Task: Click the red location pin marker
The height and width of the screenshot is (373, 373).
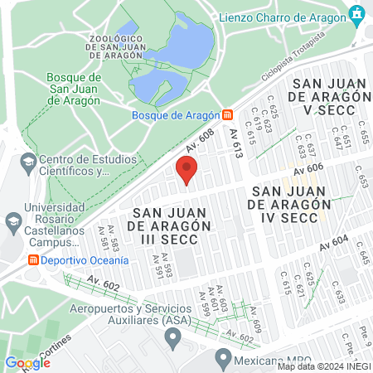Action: click(x=187, y=171)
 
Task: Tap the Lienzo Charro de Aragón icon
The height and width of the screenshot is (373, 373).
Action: click(x=357, y=14)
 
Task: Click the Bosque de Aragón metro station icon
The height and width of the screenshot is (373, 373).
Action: click(x=227, y=115)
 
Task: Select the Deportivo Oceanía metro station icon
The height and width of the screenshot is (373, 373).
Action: click(x=33, y=259)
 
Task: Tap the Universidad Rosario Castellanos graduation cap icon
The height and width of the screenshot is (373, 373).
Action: click(x=12, y=221)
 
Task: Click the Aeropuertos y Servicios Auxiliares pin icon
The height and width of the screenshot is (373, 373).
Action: click(x=172, y=336)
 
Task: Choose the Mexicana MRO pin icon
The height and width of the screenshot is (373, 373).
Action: click(x=221, y=357)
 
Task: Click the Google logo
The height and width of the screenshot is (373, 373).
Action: click(x=27, y=362)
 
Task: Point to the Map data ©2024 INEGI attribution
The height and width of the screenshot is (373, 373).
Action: click(x=324, y=366)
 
